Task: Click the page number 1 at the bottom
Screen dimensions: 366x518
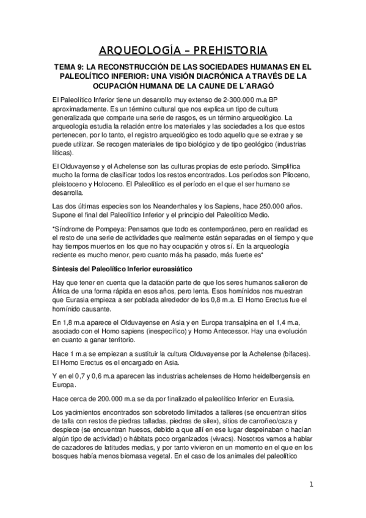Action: tap(311, 485)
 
